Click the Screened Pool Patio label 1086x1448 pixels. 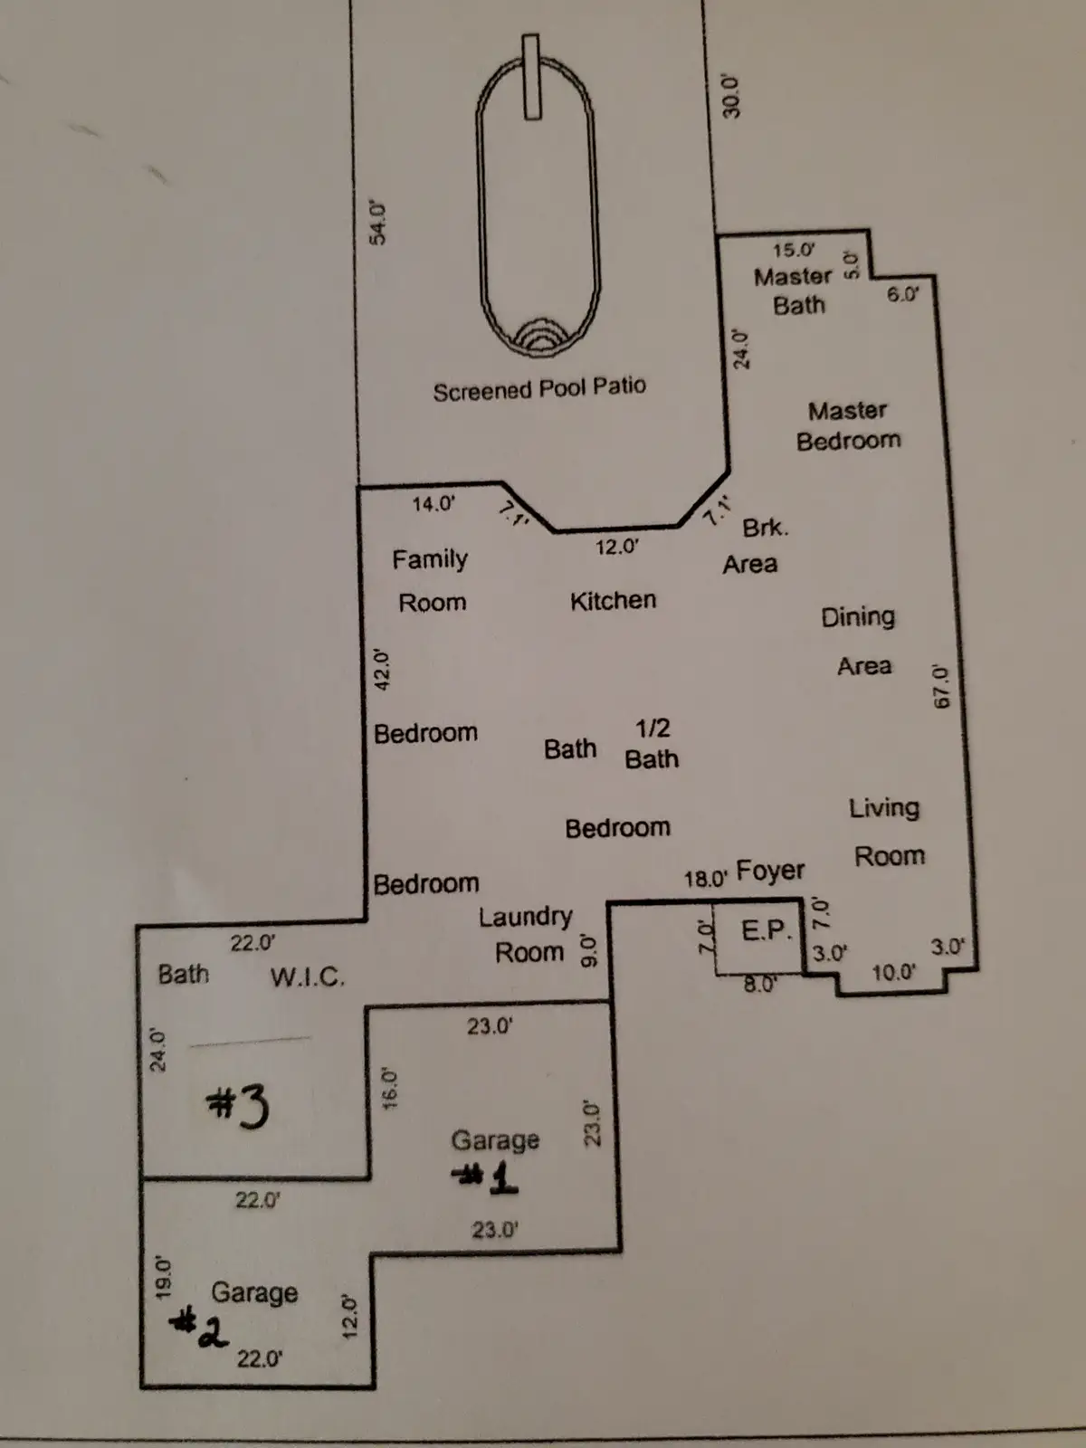pyautogui.click(x=539, y=388)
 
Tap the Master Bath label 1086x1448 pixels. pyautogui.click(x=794, y=291)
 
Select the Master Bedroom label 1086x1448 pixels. pyautogui.click(x=848, y=425)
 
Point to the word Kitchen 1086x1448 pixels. pyautogui.click(x=614, y=600)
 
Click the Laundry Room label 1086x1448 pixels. pyautogui.click(x=526, y=934)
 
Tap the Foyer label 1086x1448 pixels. pyautogui.click(x=770, y=871)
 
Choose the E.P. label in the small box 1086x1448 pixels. pyautogui.click(x=766, y=931)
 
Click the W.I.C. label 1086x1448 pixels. pyautogui.click(x=308, y=977)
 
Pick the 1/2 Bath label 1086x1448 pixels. pyautogui.click(x=652, y=744)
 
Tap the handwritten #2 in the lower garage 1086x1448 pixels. pyautogui.click(x=198, y=1325)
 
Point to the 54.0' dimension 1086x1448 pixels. pyautogui.click(x=377, y=223)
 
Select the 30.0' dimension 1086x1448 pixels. pyautogui.click(x=730, y=96)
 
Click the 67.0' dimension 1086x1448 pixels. pyautogui.click(x=941, y=686)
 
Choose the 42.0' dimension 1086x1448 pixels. pyautogui.click(x=382, y=669)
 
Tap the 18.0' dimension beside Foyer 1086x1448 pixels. pyautogui.click(x=706, y=879)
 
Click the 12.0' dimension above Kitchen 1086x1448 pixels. pyautogui.click(x=617, y=547)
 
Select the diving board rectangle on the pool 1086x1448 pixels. pyautogui.click(x=531, y=77)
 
